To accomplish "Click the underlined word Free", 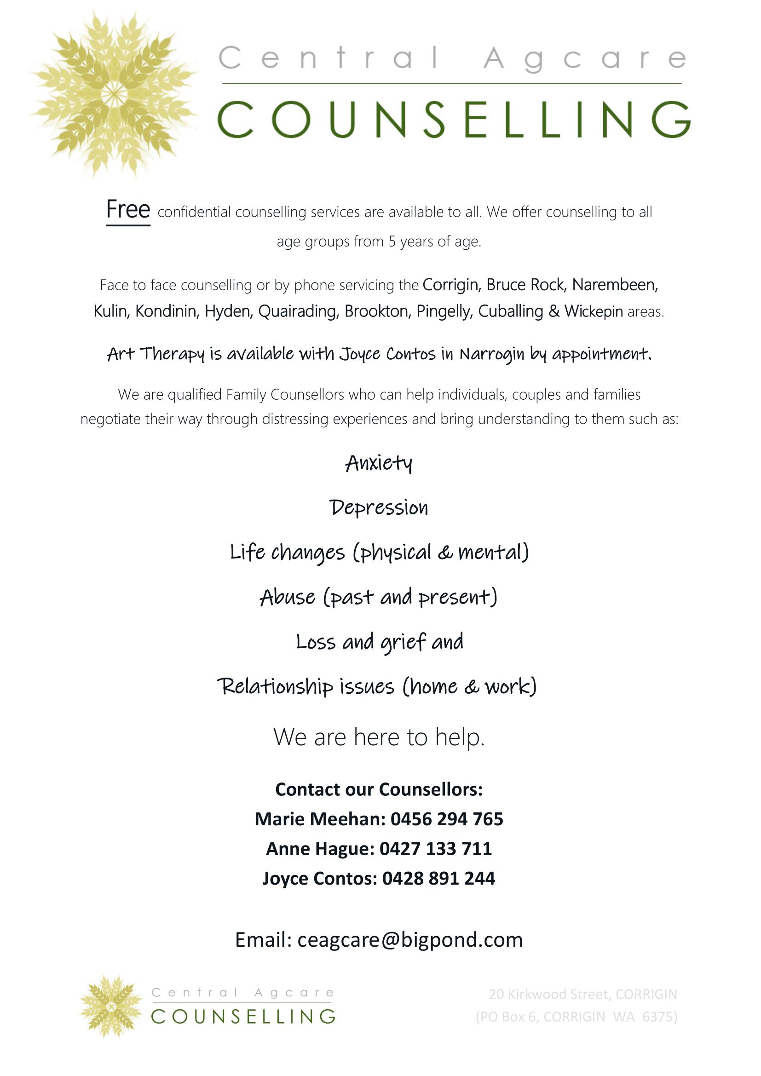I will click(x=128, y=209).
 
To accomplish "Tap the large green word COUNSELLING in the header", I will click(x=454, y=120).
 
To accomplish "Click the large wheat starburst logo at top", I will click(x=113, y=94).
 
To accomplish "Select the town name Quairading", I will click(x=299, y=311).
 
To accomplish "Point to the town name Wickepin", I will click(x=593, y=311).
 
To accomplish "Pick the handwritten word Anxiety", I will click(x=379, y=464).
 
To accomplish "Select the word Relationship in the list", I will click(x=275, y=687).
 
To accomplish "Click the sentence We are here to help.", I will click(x=379, y=737).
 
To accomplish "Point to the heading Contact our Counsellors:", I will click(x=379, y=790).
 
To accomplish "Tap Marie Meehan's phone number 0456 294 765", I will click(x=447, y=819).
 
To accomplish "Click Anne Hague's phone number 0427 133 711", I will click(x=435, y=849).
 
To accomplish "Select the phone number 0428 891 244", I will click(x=438, y=878).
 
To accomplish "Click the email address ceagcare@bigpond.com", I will click(x=410, y=940).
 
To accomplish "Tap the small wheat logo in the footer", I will click(x=111, y=1007).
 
